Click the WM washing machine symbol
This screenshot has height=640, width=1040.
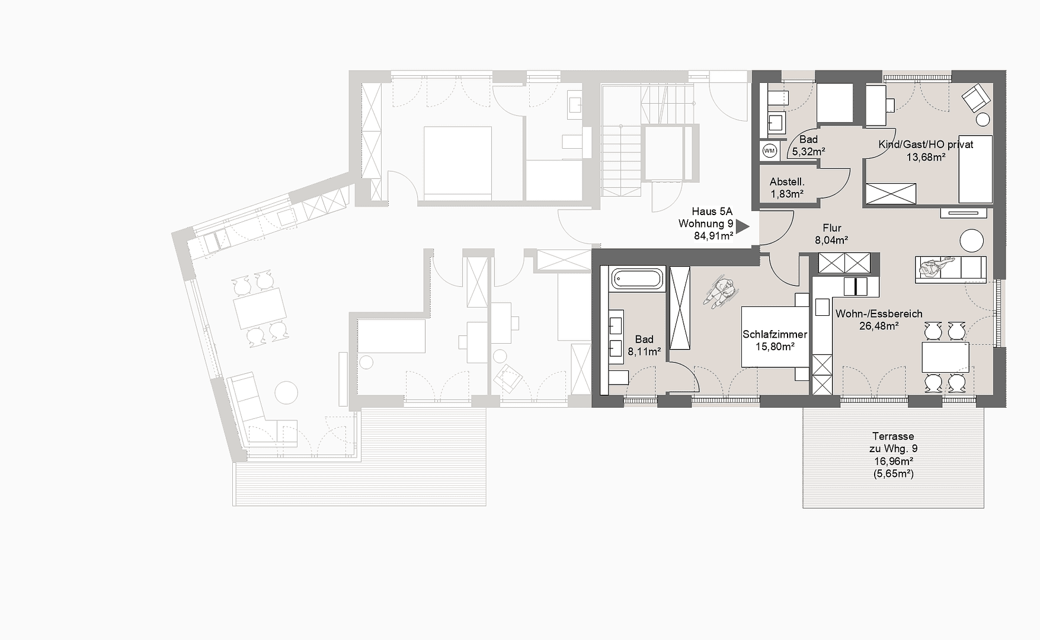[x=769, y=151]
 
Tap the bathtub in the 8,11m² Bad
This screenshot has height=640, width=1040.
[x=636, y=279]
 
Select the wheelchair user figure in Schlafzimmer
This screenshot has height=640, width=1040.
[x=721, y=292]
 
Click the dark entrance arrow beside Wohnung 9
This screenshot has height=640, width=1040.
[x=743, y=226]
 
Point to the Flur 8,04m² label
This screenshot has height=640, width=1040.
[x=831, y=234]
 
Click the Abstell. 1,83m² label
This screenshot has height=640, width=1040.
[x=787, y=188]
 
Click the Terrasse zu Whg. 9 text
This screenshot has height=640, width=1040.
[x=893, y=443]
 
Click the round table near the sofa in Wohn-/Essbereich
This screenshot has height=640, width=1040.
[x=971, y=241]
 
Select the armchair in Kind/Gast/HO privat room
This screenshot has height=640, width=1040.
[x=975, y=98]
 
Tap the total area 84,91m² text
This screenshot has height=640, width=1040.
[x=713, y=236]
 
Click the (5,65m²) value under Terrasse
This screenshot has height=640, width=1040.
[x=893, y=474]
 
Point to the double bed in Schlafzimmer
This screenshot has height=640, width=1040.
[x=775, y=337]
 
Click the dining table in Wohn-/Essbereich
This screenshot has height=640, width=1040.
[x=945, y=357]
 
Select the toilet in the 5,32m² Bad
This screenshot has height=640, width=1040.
[x=777, y=98]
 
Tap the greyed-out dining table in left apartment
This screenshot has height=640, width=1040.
[x=260, y=308]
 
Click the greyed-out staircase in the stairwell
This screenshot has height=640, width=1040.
[x=622, y=160]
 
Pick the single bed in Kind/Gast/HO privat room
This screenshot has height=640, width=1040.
[x=975, y=169]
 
